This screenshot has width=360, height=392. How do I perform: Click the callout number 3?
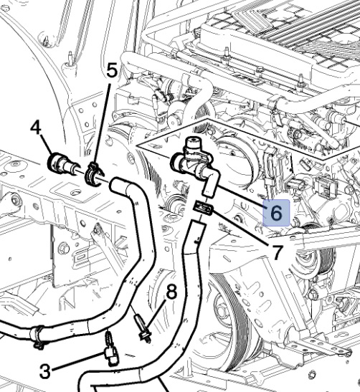45,371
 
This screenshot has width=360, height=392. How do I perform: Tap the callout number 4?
35,130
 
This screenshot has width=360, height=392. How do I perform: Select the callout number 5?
110,71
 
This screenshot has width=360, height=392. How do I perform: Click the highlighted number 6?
276,212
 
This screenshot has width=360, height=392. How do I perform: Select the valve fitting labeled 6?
191,163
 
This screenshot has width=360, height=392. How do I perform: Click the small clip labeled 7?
204,209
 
